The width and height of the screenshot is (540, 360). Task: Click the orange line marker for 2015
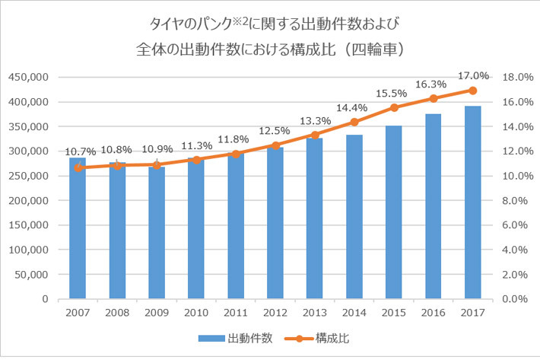393,107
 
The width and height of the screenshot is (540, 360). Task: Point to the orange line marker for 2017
472,90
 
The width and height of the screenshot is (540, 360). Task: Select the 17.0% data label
472,76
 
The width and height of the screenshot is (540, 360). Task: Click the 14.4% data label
354,107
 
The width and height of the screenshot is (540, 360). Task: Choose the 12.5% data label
275,131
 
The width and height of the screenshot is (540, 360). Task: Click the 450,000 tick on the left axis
28,78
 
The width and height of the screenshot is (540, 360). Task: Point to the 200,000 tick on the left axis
28,201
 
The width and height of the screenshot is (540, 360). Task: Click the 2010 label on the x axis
195,312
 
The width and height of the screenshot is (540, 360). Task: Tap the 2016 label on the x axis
433,312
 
